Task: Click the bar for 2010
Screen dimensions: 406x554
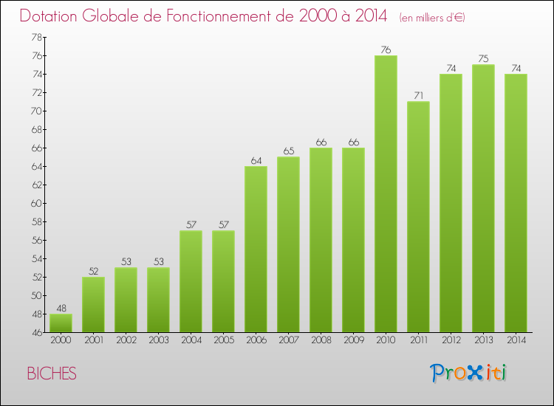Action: click(x=386, y=193)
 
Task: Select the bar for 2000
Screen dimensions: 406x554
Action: click(x=61, y=323)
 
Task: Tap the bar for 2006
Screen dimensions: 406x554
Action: click(x=256, y=249)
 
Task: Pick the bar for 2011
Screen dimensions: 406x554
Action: click(x=418, y=216)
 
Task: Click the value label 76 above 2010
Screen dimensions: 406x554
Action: click(x=386, y=50)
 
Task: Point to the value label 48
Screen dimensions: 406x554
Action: click(x=61, y=309)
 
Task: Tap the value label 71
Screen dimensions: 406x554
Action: click(x=418, y=96)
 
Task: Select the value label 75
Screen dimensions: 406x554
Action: click(x=483, y=59)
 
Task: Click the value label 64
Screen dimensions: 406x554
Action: click(x=256, y=160)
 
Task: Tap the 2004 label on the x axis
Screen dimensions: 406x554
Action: click(x=191, y=341)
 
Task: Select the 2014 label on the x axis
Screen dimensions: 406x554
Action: click(x=516, y=341)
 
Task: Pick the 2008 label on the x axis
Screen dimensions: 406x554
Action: click(x=321, y=341)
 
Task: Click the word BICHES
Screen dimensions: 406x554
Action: click(x=52, y=374)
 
